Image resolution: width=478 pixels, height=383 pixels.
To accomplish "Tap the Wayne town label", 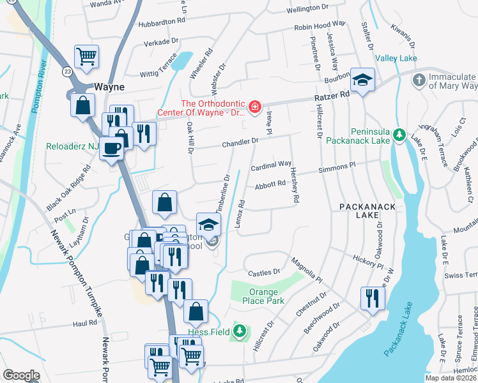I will coord(109,86).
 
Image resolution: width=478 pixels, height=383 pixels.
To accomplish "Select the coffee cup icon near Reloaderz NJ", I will coord(112,148).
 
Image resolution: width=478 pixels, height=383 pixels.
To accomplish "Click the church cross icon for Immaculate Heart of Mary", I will coord(418,80).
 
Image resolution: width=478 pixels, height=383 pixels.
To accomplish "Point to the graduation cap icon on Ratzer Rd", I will coord(362,80).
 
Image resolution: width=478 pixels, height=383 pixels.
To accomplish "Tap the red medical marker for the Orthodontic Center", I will coord(254,106).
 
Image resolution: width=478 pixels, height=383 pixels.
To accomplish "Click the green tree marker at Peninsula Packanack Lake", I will coord(399,134).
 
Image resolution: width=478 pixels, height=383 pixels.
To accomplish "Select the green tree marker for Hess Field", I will coord(239,331).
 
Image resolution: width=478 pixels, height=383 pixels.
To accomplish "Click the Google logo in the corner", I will coord(21,375).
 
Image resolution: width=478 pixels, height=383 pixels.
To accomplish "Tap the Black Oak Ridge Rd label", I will coord(70,190).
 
